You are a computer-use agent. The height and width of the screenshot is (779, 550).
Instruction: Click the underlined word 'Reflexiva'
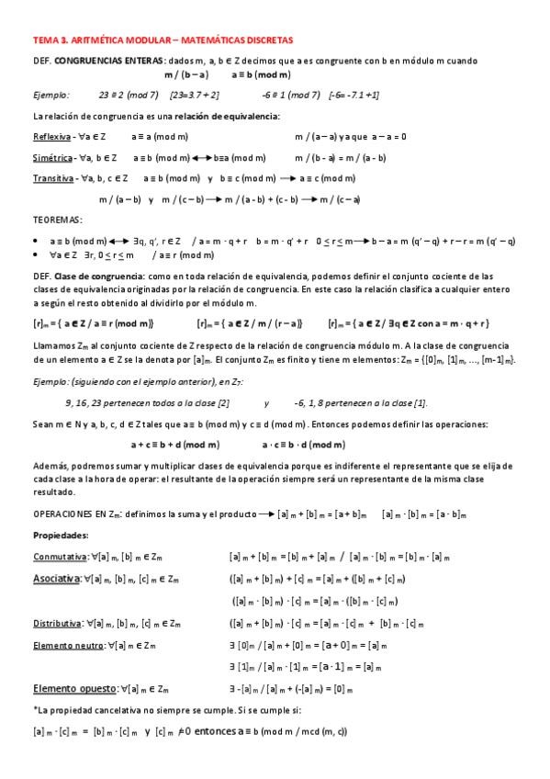click(x=51, y=136)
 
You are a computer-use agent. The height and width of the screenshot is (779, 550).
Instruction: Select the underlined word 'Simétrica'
click(x=53, y=157)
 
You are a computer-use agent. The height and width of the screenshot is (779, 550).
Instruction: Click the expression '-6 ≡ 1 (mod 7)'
click(x=290, y=94)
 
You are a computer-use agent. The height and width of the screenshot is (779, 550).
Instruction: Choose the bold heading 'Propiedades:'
click(x=61, y=534)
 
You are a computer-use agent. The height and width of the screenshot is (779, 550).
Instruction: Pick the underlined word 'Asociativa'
click(x=57, y=579)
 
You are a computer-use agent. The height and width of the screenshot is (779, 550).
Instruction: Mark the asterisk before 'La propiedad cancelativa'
click(x=34, y=710)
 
